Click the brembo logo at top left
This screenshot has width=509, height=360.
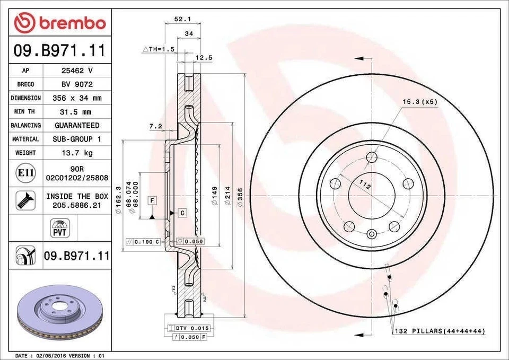coord(59,23)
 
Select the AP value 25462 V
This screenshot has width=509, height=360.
coord(76,71)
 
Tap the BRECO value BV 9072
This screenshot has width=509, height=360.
coord(76,84)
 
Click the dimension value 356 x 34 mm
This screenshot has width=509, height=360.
coord(76,98)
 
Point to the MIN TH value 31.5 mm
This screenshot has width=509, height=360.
coord(76,112)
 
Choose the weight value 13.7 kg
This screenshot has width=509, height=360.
coord(76,153)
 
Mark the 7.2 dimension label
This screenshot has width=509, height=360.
coord(155,127)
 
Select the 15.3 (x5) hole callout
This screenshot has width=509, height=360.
coord(419,102)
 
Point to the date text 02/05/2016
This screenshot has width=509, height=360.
coord(50,355)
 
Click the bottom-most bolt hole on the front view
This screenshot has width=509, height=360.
coord(372,234)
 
